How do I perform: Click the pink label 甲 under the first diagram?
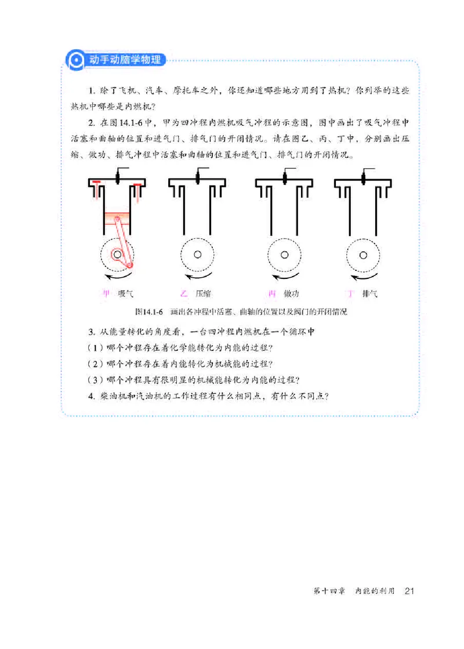pos(106,293)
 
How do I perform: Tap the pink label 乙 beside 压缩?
pos(185,293)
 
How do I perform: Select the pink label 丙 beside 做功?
pos(272,293)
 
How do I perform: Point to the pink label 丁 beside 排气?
pos(350,293)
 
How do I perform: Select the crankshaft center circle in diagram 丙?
pos(284,254)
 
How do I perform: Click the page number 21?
pos(409,591)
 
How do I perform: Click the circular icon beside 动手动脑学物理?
pos(74,60)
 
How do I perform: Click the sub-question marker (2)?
pos(95,364)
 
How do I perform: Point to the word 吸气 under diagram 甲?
pos(126,293)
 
